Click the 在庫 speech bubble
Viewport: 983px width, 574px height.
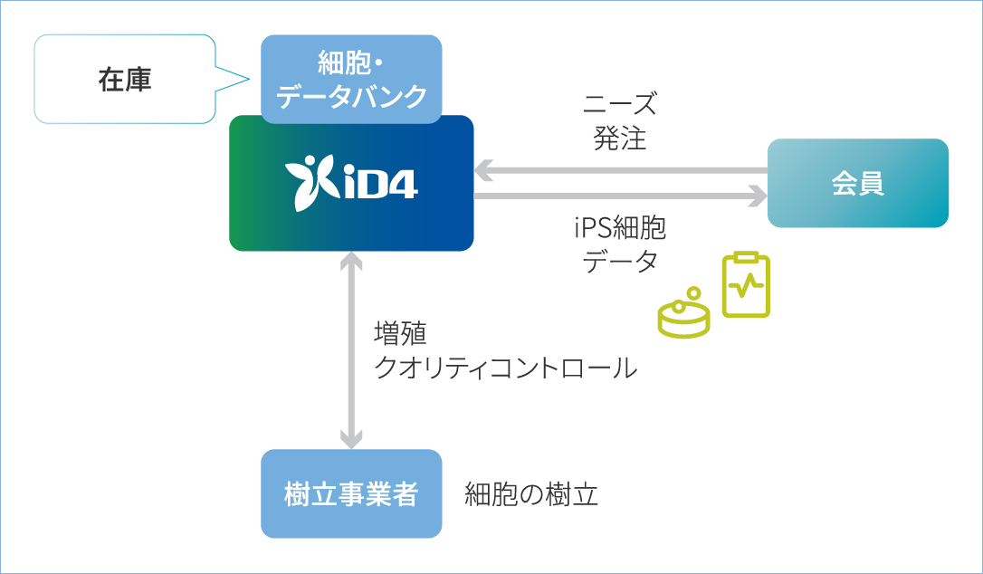click(125, 80)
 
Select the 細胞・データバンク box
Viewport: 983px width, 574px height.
click(351, 80)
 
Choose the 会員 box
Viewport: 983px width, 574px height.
click(857, 183)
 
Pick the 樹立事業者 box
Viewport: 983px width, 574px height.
click(351, 493)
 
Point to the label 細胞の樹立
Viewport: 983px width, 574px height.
click(531, 494)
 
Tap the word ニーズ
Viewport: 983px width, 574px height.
click(620, 104)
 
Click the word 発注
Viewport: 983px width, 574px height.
click(620, 138)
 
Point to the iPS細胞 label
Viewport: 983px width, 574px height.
click(620, 227)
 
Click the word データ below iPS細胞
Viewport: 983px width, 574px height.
click(620, 262)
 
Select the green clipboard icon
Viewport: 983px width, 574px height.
click(746, 285)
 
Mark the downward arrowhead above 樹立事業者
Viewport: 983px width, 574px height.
click(351, 439)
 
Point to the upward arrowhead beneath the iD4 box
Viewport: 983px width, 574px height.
click(351, 262)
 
